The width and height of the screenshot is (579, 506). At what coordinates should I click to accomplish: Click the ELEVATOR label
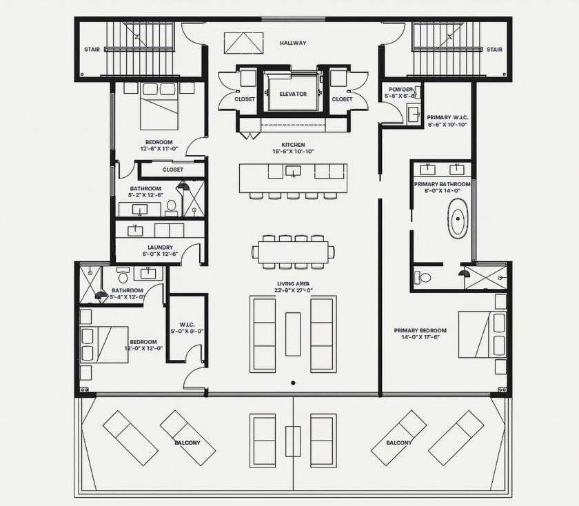(293, 94)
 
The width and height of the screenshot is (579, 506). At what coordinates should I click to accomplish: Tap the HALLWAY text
(293, 43)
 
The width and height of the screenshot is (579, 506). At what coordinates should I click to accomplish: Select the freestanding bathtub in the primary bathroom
(458, 219)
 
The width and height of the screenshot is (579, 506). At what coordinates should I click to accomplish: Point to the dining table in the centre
(293, 252)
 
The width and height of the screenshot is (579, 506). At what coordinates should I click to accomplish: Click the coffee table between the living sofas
(293, 334)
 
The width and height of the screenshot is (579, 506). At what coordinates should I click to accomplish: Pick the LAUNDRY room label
(160, 247)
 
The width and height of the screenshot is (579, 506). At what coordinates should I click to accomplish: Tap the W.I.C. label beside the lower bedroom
(186, 324)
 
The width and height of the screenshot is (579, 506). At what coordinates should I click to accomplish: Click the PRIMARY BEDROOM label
(420, 330)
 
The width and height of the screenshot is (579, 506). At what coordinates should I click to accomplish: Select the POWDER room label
(400, 90)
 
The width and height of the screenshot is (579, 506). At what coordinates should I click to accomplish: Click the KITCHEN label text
(293, 145)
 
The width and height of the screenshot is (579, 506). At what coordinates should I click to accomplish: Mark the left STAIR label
(92, 50)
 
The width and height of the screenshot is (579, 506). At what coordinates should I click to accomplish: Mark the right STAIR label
(494, 50)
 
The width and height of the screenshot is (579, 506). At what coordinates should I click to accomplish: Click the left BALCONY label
(187, 442)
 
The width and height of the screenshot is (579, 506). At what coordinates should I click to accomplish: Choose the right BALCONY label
(398, 442)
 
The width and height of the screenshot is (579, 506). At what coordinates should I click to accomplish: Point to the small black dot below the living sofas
(293, 383)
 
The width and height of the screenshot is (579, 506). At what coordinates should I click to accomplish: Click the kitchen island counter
(293, 178)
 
